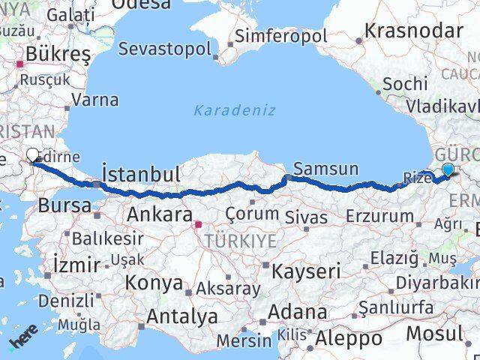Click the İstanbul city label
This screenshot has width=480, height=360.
[141, 175]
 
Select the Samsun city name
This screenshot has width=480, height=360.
[326, 169]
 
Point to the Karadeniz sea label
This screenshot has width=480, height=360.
[235, 110]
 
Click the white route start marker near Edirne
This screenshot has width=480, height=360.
[33, 155]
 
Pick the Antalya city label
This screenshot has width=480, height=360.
[183, 316]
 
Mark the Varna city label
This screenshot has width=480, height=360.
[96, 99]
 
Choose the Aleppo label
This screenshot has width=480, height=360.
[349, 338]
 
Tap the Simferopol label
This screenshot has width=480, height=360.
[281, 35]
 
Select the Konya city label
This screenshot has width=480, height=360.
[154, 283]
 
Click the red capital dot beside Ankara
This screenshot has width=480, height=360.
[197, 223]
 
